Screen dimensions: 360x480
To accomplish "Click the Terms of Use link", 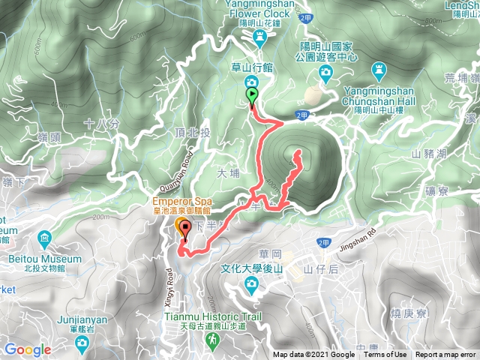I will tap(385, 355).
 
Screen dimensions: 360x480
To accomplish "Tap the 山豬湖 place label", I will tap(428, 153).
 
